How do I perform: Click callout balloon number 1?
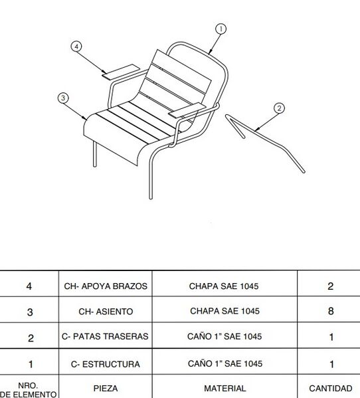point(221,29)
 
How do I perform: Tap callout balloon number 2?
point(279,108)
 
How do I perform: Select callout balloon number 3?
point(63,98)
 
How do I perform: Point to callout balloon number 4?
point(77,47)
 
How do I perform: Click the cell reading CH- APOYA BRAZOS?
point(106,286)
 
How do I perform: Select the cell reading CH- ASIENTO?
point(106,311)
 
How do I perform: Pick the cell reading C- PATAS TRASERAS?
point(106,337)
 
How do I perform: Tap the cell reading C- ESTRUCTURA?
point(106,364)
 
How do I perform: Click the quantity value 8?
point(331,311)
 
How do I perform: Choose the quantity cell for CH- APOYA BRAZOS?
point(331,286)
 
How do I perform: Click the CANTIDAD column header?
point(331,388)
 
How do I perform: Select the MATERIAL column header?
point(225,388)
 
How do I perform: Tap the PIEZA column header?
point(106,388)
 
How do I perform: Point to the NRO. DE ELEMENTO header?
point(29,389)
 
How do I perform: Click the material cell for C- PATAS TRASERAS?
point(225,337)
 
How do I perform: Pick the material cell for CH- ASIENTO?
point(225,311)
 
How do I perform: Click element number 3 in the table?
point(29,312)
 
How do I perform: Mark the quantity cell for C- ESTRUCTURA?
point(331,364)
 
